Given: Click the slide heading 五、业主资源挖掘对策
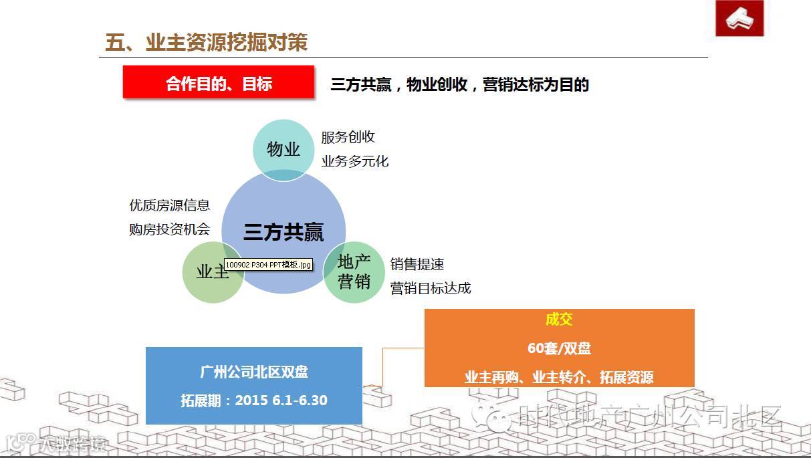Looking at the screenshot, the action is pyautogui.click(x=206, y=43).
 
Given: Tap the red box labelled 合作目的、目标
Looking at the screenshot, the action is pyautogui.click(x=219, y=84).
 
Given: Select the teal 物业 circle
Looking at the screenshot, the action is pyautogui.click(x=283, y=149).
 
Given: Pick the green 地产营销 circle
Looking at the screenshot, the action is pyautogui.click(x=354, y=271).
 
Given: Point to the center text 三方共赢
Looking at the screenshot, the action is pyautogui.click(x=283, y=232).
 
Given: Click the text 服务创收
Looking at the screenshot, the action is pyautogui.click(x=348, y=137).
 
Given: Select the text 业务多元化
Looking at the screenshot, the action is pyautogui.click(x=354, y=161).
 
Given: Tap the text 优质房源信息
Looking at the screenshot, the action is pyautogui.click(x=169, y=205).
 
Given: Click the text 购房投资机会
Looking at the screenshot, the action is pyautogui.click(x=169, y=229).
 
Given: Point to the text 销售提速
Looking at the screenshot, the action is pyautogui.click(x=417, y=264).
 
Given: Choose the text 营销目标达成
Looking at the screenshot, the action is pyautogui.click(x=431, y=288).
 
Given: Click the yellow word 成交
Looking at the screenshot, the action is pyautogui.click(x=559, y=320).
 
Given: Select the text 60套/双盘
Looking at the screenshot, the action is pyautogui.click(x=559, y=348).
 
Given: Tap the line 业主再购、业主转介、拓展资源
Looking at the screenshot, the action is pyautogui.click(x=559, y=377).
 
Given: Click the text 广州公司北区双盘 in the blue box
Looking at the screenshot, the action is pyautogui.click(x=254, y=372).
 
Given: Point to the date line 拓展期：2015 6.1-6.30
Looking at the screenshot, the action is pyautogui.click(x=254, y=400).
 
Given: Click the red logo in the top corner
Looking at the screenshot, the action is pyautogui.click(x=739, y=18).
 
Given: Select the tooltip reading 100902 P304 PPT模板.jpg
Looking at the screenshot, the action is pyautogui.click(x=268, y=265).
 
